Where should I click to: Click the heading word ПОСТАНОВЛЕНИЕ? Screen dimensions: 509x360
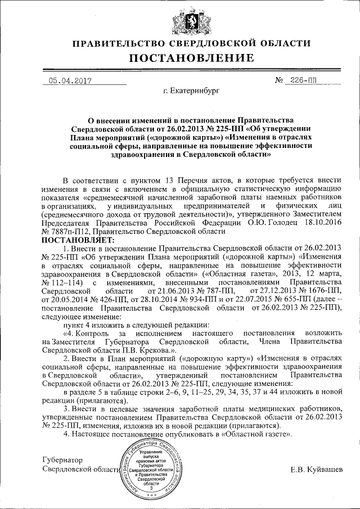click(x=181, y=58)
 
